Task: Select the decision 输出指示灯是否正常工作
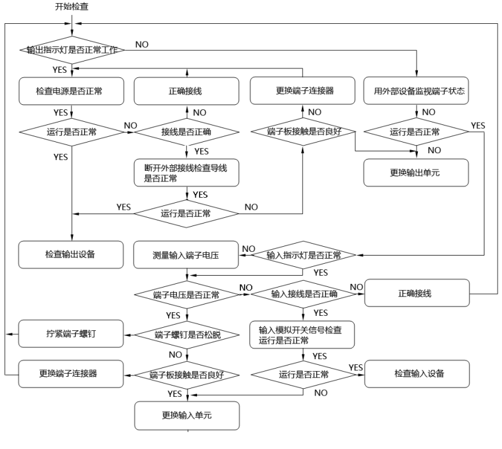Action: [x=73, y=48]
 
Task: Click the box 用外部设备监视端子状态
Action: [x=417, y=91]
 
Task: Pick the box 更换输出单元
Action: [x=417, y=172]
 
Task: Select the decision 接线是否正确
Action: [x=187, y=133]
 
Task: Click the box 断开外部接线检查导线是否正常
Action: [x=187, y=172]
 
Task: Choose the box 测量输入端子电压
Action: [x=187, y=254]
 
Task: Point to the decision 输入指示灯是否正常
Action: [x=304, y=255]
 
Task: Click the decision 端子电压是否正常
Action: [x=187, y=294]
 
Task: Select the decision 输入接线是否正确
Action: [x=304, y=294]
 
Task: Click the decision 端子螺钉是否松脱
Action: [x=187, y=333]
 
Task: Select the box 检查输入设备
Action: [x=417, y=374]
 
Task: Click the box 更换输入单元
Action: [x=187, y=415]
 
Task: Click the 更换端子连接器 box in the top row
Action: [x=304, y=91]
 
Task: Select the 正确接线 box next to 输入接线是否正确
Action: [x=417, y=294]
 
